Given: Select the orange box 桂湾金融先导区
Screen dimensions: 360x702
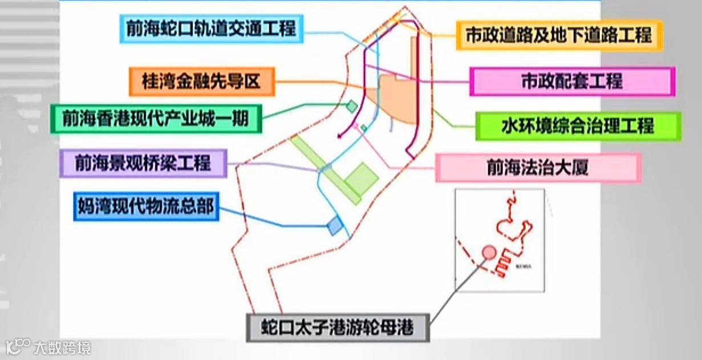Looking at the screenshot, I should coord(202,82).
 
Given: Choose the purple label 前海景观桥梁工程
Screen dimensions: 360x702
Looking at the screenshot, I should coord(143,164).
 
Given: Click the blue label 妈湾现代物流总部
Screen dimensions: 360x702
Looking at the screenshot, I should coord(146,206).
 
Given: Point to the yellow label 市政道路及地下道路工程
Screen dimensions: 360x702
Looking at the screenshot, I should coord(559,35).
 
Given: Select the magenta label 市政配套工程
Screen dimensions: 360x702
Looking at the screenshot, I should coord(572,82).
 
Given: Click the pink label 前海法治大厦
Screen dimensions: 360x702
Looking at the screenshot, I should coord(538,168).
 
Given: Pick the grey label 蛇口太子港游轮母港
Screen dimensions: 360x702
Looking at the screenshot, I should coord(337,327).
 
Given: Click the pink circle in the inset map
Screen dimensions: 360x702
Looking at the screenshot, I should coord(489,252).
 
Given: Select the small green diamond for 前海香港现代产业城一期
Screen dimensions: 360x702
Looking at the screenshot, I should coord(352,106).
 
